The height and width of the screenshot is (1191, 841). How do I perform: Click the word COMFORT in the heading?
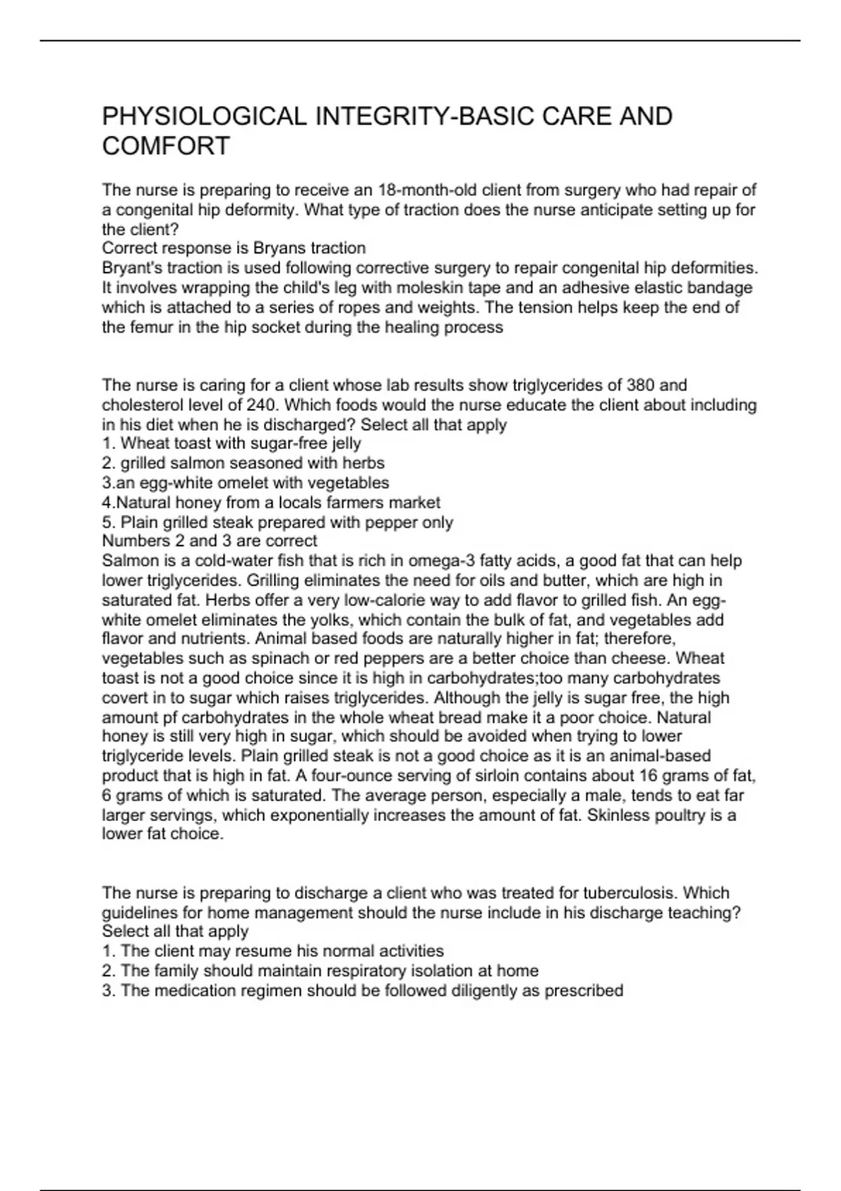tap(166, 146)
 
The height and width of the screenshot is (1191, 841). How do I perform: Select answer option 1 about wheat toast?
tap(232, 443)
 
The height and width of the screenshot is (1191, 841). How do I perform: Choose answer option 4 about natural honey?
tap(271, 502)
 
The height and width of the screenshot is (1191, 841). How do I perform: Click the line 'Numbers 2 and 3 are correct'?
tap(210, 541)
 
